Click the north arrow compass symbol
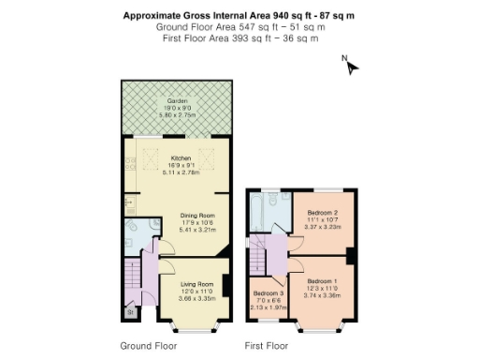pos(351,66)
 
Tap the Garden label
pos(177,100)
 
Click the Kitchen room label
pos(180,158)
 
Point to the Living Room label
pos(197,284)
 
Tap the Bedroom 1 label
pos(322,281)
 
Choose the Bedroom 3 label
pos(268,293)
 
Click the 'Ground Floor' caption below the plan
pos(148,345)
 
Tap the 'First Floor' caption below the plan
pos(266,345)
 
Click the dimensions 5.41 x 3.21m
pos(197,229)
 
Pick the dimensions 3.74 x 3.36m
pos(322,294)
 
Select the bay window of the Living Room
pos(197,328)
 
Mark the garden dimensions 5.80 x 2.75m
pos(177,115)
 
